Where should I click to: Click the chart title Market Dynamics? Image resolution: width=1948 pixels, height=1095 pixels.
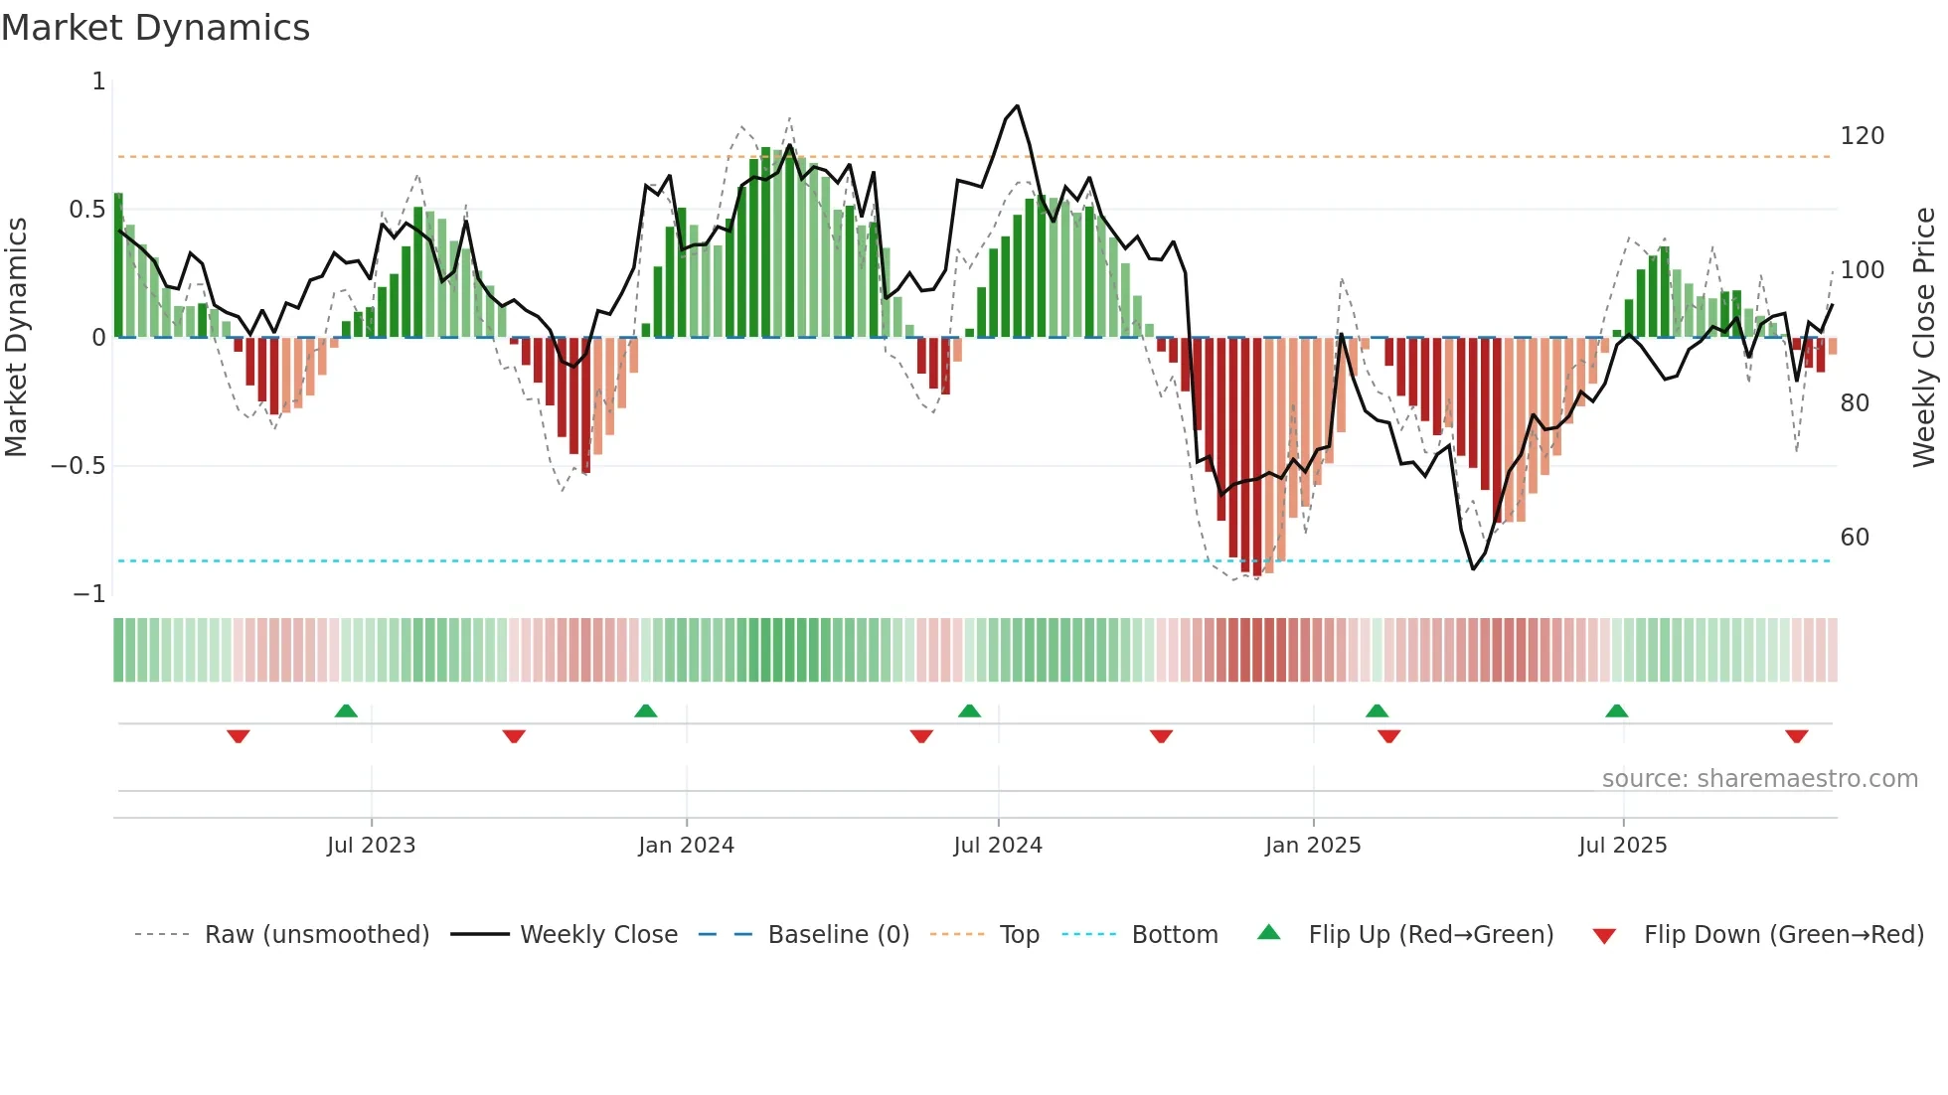coord(156,28)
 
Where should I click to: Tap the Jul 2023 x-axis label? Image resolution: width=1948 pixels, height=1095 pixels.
coord(371,846)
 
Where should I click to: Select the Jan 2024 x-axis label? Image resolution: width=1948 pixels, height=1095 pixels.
coord(686,846)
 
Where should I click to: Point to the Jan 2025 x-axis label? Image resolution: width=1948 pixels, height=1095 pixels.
coord(1313,846)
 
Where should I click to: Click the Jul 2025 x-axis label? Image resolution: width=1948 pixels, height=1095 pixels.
coord(1623,846)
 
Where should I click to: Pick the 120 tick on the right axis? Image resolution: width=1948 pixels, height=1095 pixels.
coord(1862,136)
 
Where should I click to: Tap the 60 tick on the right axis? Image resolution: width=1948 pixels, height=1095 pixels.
coord(1855,538)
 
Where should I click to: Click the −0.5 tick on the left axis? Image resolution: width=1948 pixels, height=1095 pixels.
coord(79,466)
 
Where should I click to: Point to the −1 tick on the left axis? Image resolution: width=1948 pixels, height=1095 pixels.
coord(89,594)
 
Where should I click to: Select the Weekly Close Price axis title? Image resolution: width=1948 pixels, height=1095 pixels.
coord(1924,338)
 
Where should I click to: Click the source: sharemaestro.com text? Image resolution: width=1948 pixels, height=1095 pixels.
coord(1759,779)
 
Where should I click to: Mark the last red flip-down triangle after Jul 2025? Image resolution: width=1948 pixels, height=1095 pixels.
coord(1796,736)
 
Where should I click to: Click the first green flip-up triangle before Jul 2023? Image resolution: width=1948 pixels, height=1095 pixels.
coord(346,710)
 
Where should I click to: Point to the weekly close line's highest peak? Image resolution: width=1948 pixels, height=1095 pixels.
coord(1017,106)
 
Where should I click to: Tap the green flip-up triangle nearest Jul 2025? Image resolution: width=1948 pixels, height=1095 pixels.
coord(1616,710)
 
